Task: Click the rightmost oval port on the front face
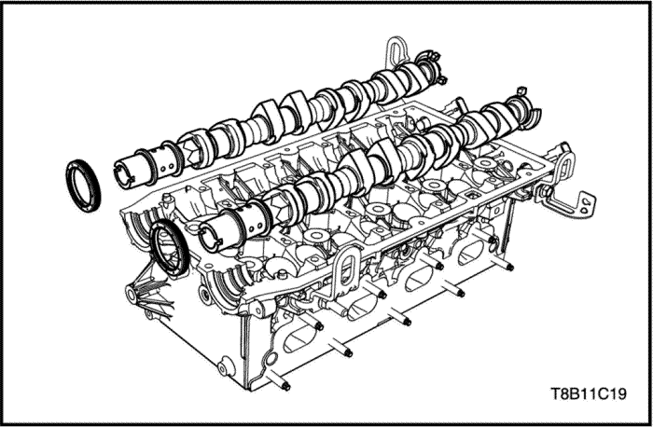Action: coord(475,251)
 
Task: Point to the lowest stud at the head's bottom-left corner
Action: coord(284,385)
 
